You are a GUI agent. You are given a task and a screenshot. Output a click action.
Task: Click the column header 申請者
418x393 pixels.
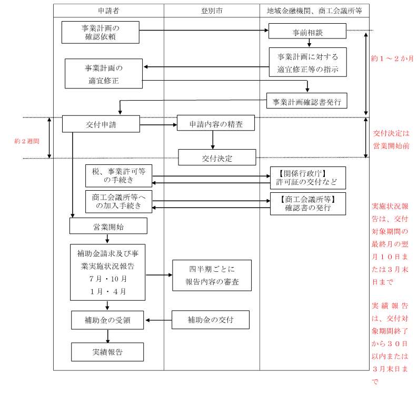pyautogui.click(x=108, y=11)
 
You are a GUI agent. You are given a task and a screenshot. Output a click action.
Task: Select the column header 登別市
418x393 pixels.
pyautogui.click(x=211, y=11)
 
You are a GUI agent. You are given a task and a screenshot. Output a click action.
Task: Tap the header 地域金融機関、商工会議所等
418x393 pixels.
pyautogui.click(x=314, y=11)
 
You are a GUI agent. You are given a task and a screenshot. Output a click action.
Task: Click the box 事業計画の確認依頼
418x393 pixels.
pyautogui.click(x=100, y=32)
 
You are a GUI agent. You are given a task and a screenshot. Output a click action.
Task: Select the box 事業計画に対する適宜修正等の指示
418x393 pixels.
pyautogui.click(x=307, y=63)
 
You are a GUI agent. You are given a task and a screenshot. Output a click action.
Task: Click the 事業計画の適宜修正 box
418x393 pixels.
pyautogui.click(x=104, y=74)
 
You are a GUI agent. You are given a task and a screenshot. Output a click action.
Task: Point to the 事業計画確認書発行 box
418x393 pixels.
pyautogui.click(x=307, y=100)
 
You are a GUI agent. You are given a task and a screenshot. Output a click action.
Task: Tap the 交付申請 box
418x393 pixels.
pyautogui.click(x=101, y=124)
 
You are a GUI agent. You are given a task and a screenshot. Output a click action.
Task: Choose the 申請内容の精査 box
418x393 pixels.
pyautogui.click(x=215, y=124)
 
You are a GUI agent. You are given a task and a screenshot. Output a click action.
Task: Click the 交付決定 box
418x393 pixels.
pyautogui.click(x=217, y=158)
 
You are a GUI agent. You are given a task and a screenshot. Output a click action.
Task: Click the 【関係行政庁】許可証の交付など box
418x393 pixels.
pyautogui.click(x=307, y=178)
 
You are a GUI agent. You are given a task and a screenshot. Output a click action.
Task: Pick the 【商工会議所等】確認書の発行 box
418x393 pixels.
pyautogui.click(x=307, y=203)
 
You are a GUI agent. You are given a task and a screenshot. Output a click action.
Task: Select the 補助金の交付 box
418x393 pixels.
pyautogui.click(x=211, y=320)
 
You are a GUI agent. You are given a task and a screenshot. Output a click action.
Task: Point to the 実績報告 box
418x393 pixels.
pyautogui.click(x=107, y=352)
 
